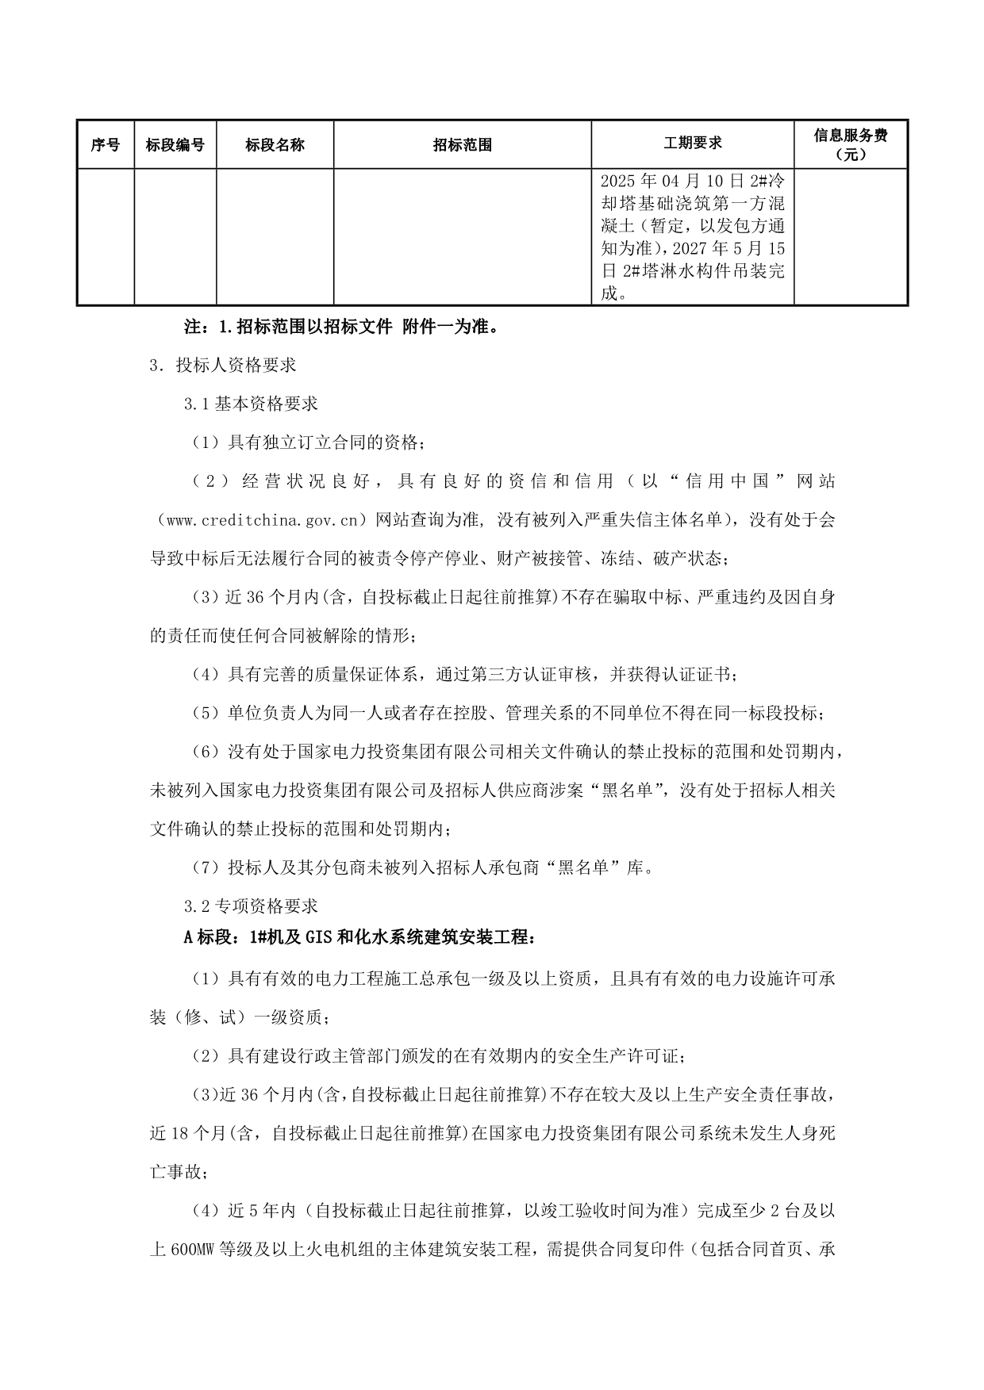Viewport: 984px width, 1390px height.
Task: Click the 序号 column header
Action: click(x=106, y=145)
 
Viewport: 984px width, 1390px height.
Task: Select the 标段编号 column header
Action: click(x=175, y=145)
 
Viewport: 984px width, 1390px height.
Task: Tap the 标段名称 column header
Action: click(x=275, y=145)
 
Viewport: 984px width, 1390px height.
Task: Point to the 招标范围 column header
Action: click(x=463, y=145)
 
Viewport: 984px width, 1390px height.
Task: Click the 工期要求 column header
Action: click(x=693, y=143)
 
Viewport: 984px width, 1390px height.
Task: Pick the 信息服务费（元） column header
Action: click(x=851, y=144)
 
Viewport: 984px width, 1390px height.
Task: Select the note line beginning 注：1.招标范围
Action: click(x=341, y=326)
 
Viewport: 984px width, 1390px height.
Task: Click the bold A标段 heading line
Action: click(x=359, y=937)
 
